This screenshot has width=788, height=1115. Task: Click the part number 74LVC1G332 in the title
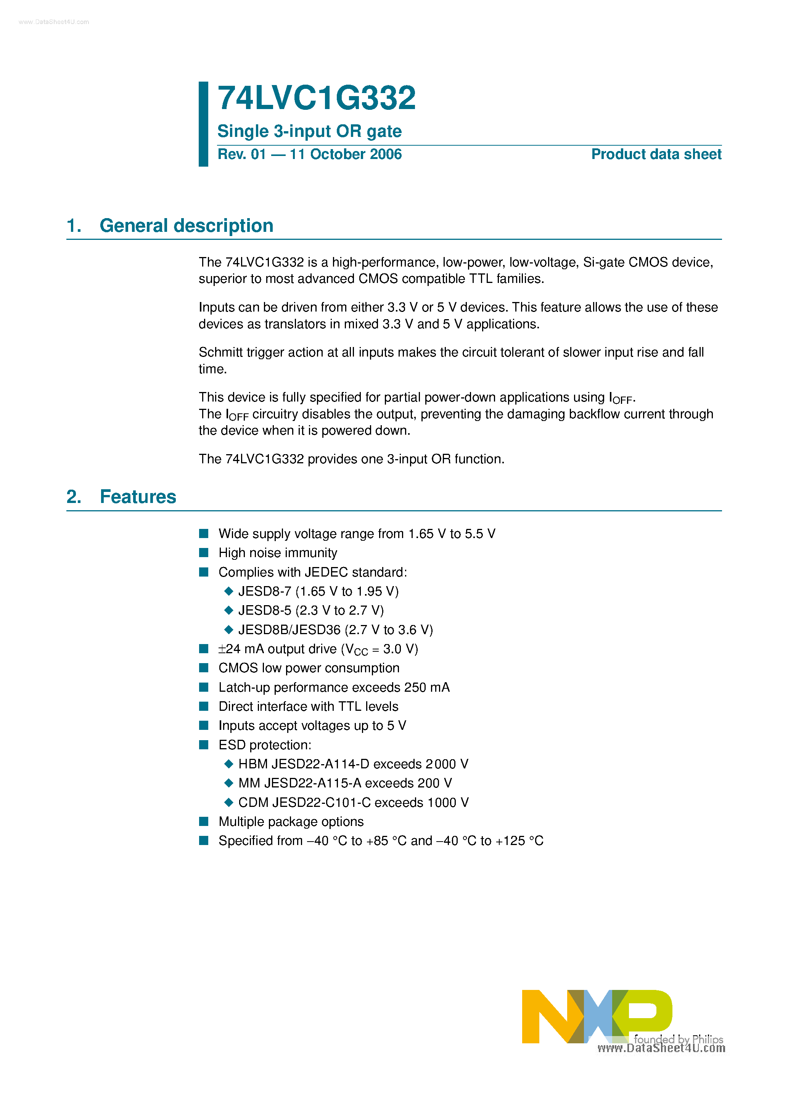coord(316,98)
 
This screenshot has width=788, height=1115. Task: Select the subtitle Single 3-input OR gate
coord(309,131)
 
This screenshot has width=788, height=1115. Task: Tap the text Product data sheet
coord(656,154)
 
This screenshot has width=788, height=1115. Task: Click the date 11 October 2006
coord(346,154)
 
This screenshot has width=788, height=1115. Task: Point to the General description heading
coord(186,226)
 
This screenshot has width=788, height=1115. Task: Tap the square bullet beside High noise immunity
coord(204,553)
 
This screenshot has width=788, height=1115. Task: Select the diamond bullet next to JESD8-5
coord(229,611)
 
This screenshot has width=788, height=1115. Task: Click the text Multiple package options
coord(291,822)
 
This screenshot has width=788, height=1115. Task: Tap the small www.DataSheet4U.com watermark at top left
coord(54,22)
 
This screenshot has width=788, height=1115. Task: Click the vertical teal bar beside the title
coord(203,124)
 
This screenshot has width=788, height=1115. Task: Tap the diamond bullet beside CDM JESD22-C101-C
coord(229,802)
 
